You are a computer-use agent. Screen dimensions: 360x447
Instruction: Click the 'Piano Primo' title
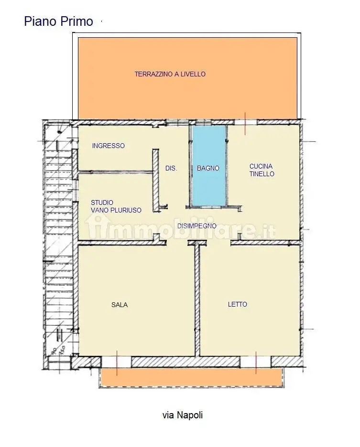58,21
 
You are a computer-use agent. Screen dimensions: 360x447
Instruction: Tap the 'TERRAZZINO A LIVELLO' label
170,74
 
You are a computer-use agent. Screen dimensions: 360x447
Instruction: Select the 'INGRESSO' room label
108,146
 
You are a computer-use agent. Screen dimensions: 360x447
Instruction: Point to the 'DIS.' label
171,169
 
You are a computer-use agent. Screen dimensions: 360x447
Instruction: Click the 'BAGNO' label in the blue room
208,168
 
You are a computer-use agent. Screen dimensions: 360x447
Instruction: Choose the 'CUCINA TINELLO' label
262,170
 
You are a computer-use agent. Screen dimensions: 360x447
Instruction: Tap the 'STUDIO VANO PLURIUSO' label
116,206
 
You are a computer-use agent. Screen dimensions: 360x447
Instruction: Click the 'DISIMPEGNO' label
197,226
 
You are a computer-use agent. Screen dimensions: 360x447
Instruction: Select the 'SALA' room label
120,305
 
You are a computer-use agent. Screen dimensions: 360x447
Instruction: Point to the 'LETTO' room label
238,305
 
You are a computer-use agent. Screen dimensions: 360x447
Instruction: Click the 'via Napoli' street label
183,415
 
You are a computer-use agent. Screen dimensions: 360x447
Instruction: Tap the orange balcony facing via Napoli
191,377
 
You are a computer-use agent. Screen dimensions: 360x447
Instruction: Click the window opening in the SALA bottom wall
117,362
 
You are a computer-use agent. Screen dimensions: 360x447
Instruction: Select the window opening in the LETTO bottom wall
256,362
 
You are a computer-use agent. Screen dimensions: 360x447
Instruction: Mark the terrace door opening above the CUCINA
245,122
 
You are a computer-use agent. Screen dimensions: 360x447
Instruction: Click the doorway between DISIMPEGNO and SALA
177,243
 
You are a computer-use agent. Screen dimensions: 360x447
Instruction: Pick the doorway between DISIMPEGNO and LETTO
218,243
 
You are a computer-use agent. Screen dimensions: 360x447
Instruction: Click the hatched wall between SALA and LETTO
197,300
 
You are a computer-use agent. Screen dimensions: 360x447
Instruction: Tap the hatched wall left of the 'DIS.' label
155,180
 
